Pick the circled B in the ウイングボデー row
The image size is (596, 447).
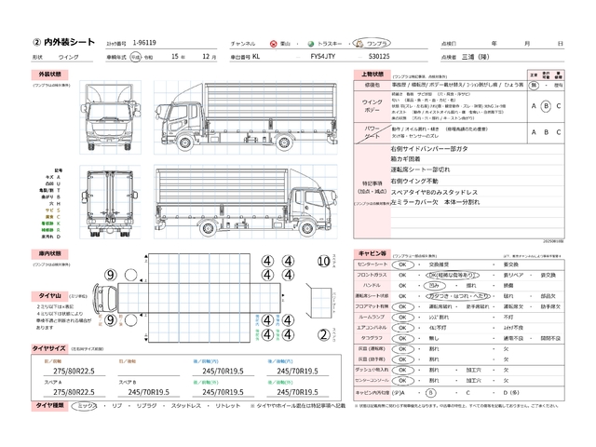tap(547, 105)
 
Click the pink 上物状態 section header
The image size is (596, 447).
tap(368, 73)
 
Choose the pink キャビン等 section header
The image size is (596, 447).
tap(367, 252)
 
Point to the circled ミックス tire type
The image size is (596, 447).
tap(86, 407)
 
